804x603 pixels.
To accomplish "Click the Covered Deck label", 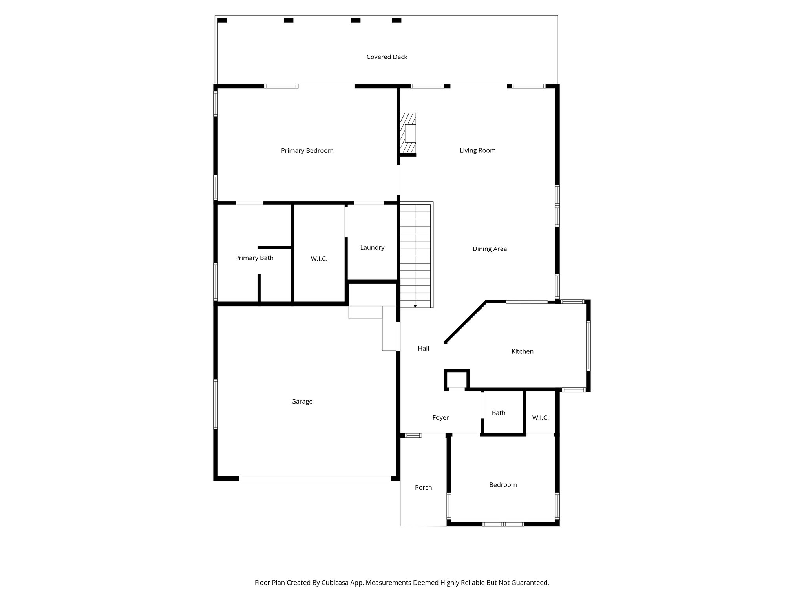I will pos(387,57).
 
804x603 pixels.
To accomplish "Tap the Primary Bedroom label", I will pos(307,151).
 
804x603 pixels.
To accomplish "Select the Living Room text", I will pos(477,150).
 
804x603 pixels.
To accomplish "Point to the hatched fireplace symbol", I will pos(408,133).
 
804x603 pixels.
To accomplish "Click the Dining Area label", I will pos(490,249).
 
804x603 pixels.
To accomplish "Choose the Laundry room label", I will pos(372,248).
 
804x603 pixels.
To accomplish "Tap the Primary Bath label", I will pos(254,258).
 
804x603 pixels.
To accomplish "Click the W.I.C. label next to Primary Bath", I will pos(319,259).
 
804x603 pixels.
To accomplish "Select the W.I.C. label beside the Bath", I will pos(540,418).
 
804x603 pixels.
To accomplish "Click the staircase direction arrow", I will pos(415,306).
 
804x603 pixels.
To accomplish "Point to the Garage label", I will pos(301,402).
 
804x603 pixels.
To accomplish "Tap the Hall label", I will pos(423,349).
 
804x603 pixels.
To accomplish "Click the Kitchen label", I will pos(522,352).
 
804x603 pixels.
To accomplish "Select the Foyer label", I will pos(440,418).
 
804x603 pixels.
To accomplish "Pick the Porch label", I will pos(423,488).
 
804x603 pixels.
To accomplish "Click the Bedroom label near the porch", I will pos(503,485).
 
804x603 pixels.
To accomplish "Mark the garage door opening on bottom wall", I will pos(315,478).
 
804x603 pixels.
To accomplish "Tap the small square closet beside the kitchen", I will pos(457,380).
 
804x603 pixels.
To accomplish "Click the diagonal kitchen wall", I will pos(466,322).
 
